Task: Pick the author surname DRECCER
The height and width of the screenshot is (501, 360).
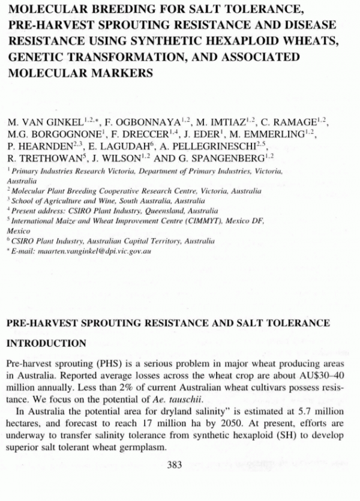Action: click(152, 135)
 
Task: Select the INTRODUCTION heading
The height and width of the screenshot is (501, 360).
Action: click(47, 344)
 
